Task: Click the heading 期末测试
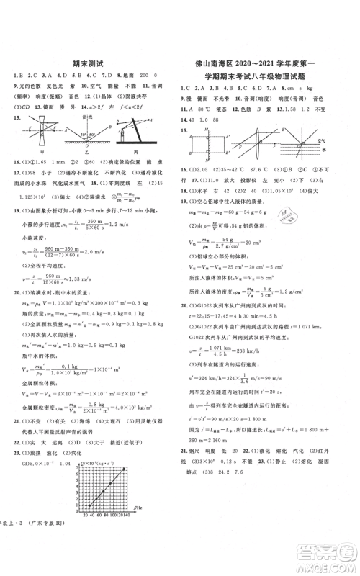tap(89, 63)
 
